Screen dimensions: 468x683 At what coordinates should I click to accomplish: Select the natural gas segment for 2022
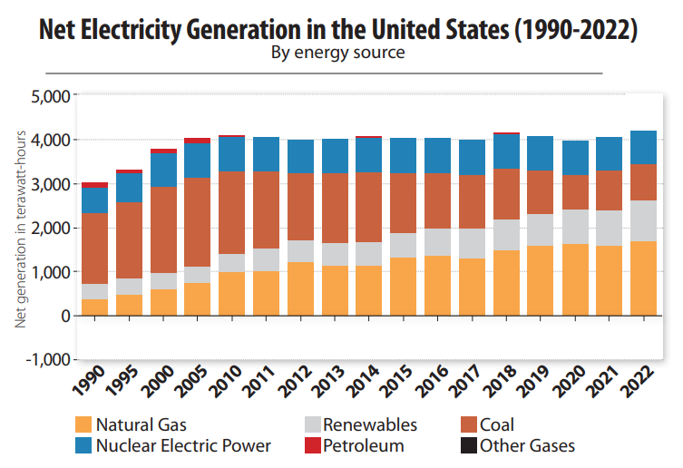[x=643, y=278]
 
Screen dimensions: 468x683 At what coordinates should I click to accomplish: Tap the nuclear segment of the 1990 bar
[x=94, y=200]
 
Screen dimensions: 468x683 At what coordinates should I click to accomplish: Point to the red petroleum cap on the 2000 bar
[x=163, y=151]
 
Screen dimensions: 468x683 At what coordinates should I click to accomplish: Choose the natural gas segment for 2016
[x=437, y=286]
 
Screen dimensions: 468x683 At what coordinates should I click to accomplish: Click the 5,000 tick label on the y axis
[x=50, y=96]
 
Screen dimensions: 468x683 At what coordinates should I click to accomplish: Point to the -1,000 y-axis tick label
[x=48, y=360]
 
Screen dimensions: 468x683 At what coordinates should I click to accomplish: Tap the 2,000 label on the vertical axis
[x=50, y=229]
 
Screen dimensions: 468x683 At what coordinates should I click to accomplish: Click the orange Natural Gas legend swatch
[x=83, y=424]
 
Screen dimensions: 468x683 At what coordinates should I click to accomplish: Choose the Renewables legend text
[x=370, y=424]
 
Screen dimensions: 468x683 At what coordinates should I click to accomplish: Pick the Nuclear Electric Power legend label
[x=183, y=445]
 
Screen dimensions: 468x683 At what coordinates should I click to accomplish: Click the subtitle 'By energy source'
[x=337, y=53]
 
